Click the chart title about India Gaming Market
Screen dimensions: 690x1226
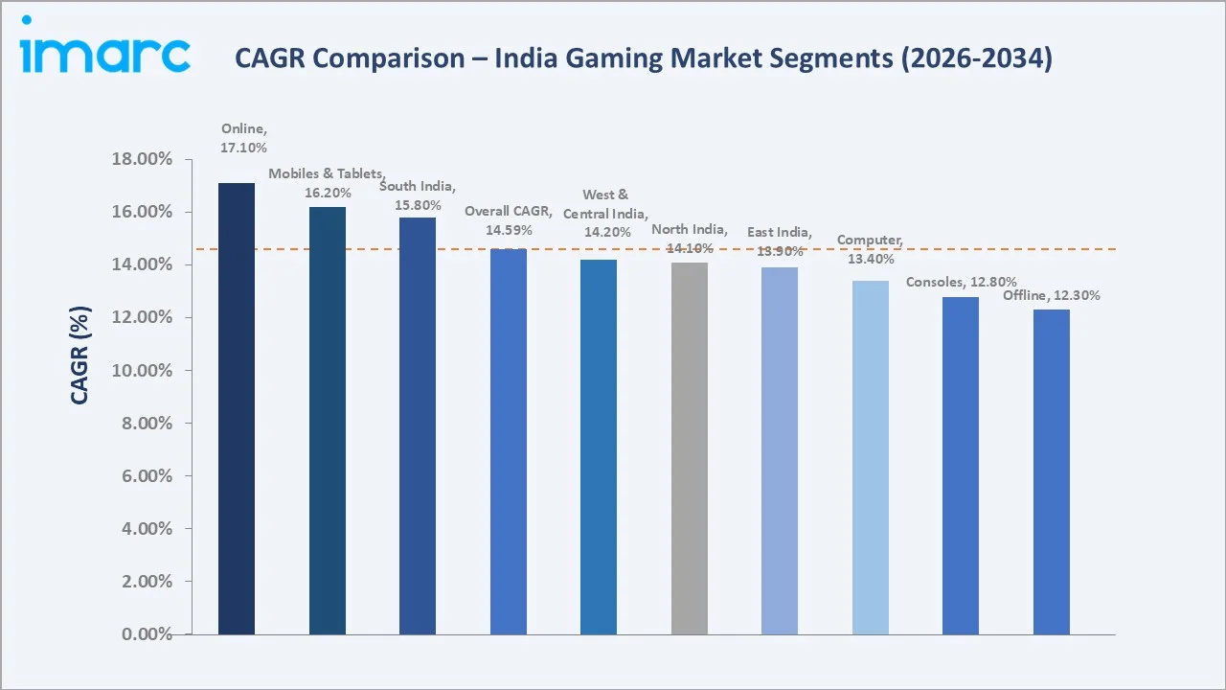click(643, 58)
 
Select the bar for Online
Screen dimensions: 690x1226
click(237, 408)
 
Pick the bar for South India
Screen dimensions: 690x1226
click(418, 425)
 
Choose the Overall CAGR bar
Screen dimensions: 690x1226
click(508, 441)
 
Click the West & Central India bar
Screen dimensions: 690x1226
click(599, 447)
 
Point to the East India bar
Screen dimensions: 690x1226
click(780, 450)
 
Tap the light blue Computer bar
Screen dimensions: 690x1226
click(870, 457)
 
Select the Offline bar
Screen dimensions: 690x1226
click(1051, 471)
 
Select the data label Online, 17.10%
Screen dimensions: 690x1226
click(243, 138)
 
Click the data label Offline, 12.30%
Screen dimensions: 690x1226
click(1051, 295)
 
